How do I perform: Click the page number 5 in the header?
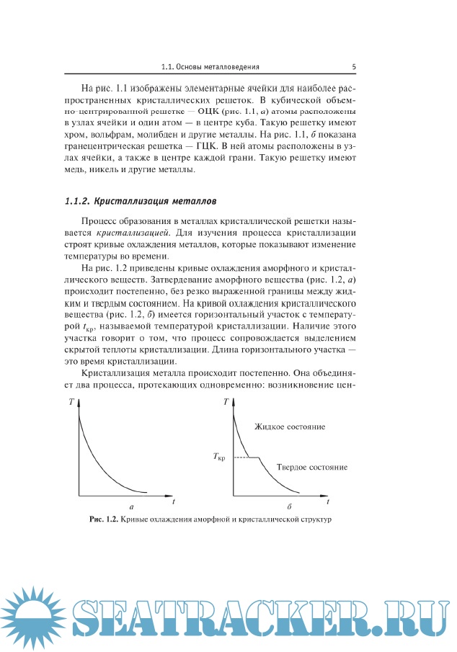pyautogui.click(x=354, y=66)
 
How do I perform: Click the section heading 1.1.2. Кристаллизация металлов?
pyautogui.click(x=141, y=200)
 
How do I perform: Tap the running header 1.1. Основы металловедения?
pyautogui.click(x=210, y=66)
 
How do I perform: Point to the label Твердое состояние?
pyautogui.click(x=312, y=467)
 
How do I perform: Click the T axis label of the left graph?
pyautogui.click(x=71, y=402)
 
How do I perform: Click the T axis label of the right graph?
pyautogui.click(x=227, y=402)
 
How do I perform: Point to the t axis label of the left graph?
pyautogui.click(x=174, y=499)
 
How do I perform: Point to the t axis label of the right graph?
pyautogui.click(x=328, y=500)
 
